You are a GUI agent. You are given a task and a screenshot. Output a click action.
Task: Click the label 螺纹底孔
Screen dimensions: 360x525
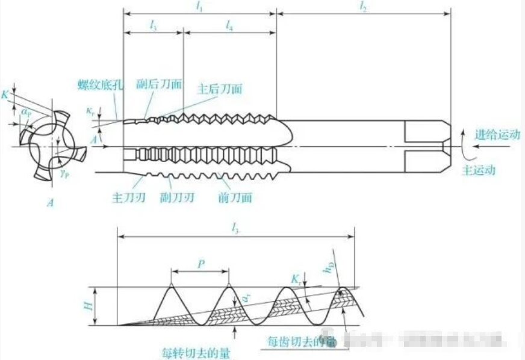coord(100,84)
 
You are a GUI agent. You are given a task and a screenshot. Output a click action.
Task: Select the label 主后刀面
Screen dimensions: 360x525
coord(220,88)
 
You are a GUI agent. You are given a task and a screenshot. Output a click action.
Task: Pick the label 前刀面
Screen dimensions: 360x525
coord(233,196)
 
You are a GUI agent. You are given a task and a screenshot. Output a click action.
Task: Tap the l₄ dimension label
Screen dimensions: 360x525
coord(229,25)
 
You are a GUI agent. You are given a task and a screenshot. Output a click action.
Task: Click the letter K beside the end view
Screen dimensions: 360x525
coord(5,95)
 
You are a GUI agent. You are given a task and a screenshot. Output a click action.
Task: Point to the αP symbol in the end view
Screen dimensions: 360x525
coord(26,111)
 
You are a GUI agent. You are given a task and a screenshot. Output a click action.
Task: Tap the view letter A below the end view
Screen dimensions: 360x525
coord(52,203)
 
